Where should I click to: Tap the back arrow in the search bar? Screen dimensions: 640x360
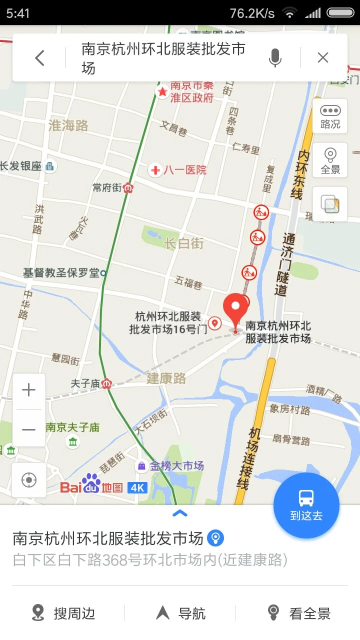[x=40, y=58]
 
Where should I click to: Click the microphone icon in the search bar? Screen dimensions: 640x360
[x=274, y=58]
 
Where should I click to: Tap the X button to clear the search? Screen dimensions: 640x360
[x=323, y=58]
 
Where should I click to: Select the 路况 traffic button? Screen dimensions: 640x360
[x=330, y=116]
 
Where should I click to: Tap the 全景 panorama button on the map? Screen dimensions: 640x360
[x=330, y=160]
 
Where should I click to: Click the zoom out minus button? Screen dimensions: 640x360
[x=29, y=429]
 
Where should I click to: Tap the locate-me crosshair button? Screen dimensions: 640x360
[x=29, y=480]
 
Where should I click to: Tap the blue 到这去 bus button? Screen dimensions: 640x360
[x=306, y=505]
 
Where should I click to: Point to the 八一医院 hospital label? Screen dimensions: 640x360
[x=179, y=170]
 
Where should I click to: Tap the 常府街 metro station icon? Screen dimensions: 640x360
[x=129, y=188]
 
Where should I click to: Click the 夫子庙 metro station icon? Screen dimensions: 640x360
[x=106, y=384]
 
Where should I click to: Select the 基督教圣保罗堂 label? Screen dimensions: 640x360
[x=62, y=273]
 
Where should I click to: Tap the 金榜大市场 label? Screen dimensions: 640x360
[x=171, y=466]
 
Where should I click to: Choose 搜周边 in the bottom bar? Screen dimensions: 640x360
[x=63, y=613]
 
